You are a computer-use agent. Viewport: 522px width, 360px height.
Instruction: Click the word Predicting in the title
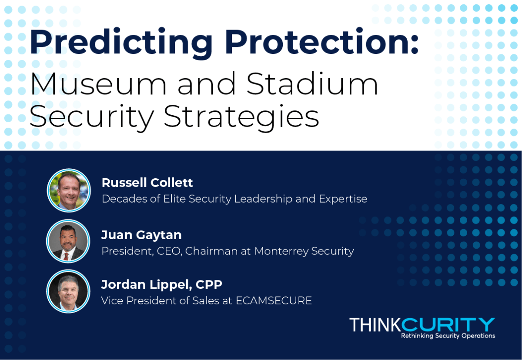(x=121, y=43)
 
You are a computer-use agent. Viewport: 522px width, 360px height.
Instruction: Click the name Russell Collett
(x=147, y=182)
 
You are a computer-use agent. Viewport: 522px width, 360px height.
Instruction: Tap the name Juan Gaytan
(x=141, y=235)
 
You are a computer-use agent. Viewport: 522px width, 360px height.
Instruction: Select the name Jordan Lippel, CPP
(x=162, y=284)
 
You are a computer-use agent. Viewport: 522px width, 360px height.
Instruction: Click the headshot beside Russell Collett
(x=69, y=190)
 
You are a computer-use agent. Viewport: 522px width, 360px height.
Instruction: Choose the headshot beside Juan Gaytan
(x=68, y=241)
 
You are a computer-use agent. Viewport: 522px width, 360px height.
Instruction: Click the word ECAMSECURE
(x=274, y=300)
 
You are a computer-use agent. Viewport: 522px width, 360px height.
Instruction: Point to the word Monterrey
(x=281, y=251)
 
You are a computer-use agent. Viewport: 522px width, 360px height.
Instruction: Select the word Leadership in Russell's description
(x=263, y=199)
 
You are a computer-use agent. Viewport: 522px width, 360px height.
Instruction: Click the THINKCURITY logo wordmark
(x=422, y=325)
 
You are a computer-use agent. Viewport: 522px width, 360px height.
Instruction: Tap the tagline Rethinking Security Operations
(x=448, y=336)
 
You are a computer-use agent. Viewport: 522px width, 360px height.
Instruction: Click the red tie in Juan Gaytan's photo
(x=66, y=256)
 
